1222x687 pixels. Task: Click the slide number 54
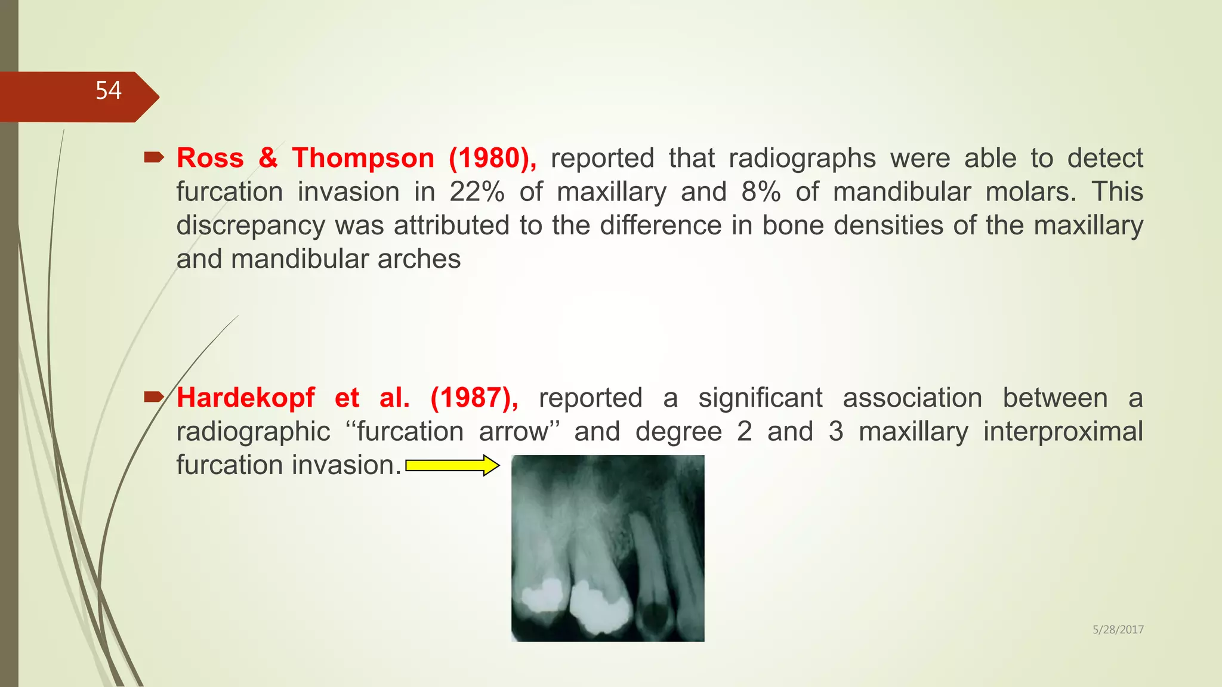coord(108,91)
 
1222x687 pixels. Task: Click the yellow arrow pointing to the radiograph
coord(452,465)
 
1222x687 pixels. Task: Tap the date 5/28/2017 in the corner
coord(1118,629)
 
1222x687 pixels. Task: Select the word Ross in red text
coord(210,158)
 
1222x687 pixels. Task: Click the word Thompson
coord(363,158)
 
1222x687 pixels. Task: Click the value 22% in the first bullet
coord(477,192)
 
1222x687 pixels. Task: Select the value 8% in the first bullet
coord(761,192)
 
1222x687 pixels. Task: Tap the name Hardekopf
coord(245,398)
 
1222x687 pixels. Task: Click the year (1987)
coord(474,398)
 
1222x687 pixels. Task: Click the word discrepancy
coord(251,226)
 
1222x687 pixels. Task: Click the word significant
coord(760,398)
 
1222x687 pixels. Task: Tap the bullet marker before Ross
coord(154,158)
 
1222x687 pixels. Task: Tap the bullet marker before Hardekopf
coord(154,397)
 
